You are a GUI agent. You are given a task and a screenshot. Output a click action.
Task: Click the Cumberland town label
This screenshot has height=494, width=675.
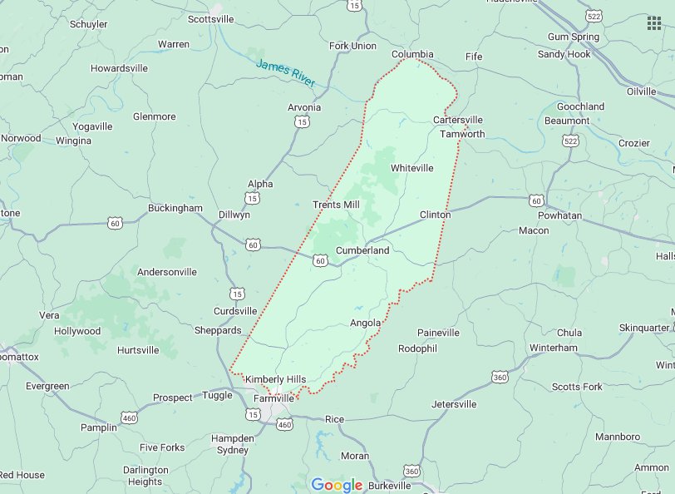[x=362, y=250]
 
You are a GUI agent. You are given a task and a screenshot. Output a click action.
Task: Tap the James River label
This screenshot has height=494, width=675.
[x=286, y=74]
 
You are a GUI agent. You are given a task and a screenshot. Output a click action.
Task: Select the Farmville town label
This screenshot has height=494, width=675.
[x=273, y=398]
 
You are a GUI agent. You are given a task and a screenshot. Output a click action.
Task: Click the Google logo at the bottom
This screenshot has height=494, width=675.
[x=337, y=485]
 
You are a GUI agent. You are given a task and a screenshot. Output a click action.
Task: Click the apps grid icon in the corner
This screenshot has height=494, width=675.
[x=654, y=22]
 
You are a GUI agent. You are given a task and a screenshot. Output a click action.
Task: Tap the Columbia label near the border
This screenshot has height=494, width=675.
[x=413, y=55]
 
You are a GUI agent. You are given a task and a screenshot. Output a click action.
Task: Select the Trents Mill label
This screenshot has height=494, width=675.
[x=336, y=205]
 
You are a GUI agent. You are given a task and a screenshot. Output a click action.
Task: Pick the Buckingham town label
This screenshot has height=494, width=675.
[x=175, y=208]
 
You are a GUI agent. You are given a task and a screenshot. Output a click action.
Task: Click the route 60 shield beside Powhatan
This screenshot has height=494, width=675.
[x=535, y=200]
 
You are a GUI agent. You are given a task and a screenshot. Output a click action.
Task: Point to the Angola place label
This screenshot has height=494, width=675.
[x=366, y=323]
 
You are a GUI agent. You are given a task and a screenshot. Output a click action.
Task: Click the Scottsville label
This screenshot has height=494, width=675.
[x=211, y=18]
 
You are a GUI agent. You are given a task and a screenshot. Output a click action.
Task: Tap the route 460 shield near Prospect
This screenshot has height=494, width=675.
[x=129, y=416]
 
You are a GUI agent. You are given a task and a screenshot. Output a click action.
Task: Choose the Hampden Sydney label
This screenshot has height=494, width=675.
[x=232, y=444]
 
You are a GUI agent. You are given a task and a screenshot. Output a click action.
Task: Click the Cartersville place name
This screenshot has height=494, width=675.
[x=458, y=120]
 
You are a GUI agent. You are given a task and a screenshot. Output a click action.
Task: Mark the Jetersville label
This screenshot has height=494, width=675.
[x=454, y=404]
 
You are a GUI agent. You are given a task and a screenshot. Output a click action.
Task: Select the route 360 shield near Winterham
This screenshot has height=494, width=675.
[x=500, y=377]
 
